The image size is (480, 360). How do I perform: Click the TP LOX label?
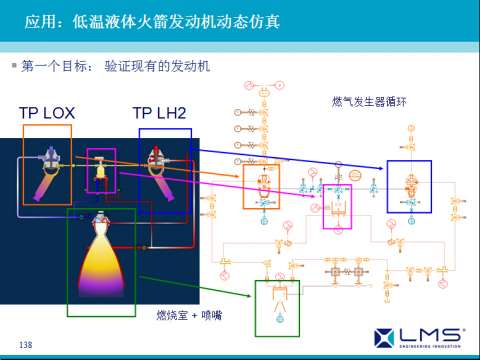coord(47,113)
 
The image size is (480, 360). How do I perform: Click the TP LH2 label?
coord(159,113)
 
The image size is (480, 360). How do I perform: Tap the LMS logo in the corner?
coord(420,335)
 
